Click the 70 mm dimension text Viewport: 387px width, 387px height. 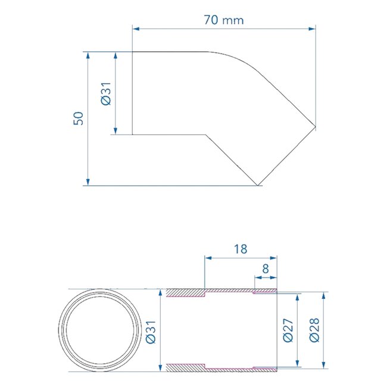coord(224,20)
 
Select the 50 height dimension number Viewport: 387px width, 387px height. coord(78,118)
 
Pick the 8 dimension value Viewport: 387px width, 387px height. coord(266,269)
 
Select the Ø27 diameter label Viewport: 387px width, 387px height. coord(288,331)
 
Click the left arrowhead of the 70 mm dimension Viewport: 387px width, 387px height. coord(135,28)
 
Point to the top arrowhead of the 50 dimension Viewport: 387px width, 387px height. coord(88,55)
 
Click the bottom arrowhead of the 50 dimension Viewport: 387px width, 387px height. coord(88,181)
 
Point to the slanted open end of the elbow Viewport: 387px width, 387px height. coord(286,155)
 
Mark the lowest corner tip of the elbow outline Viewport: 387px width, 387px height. coord(257,185)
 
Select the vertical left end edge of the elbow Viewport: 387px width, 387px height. coord(132,93)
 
